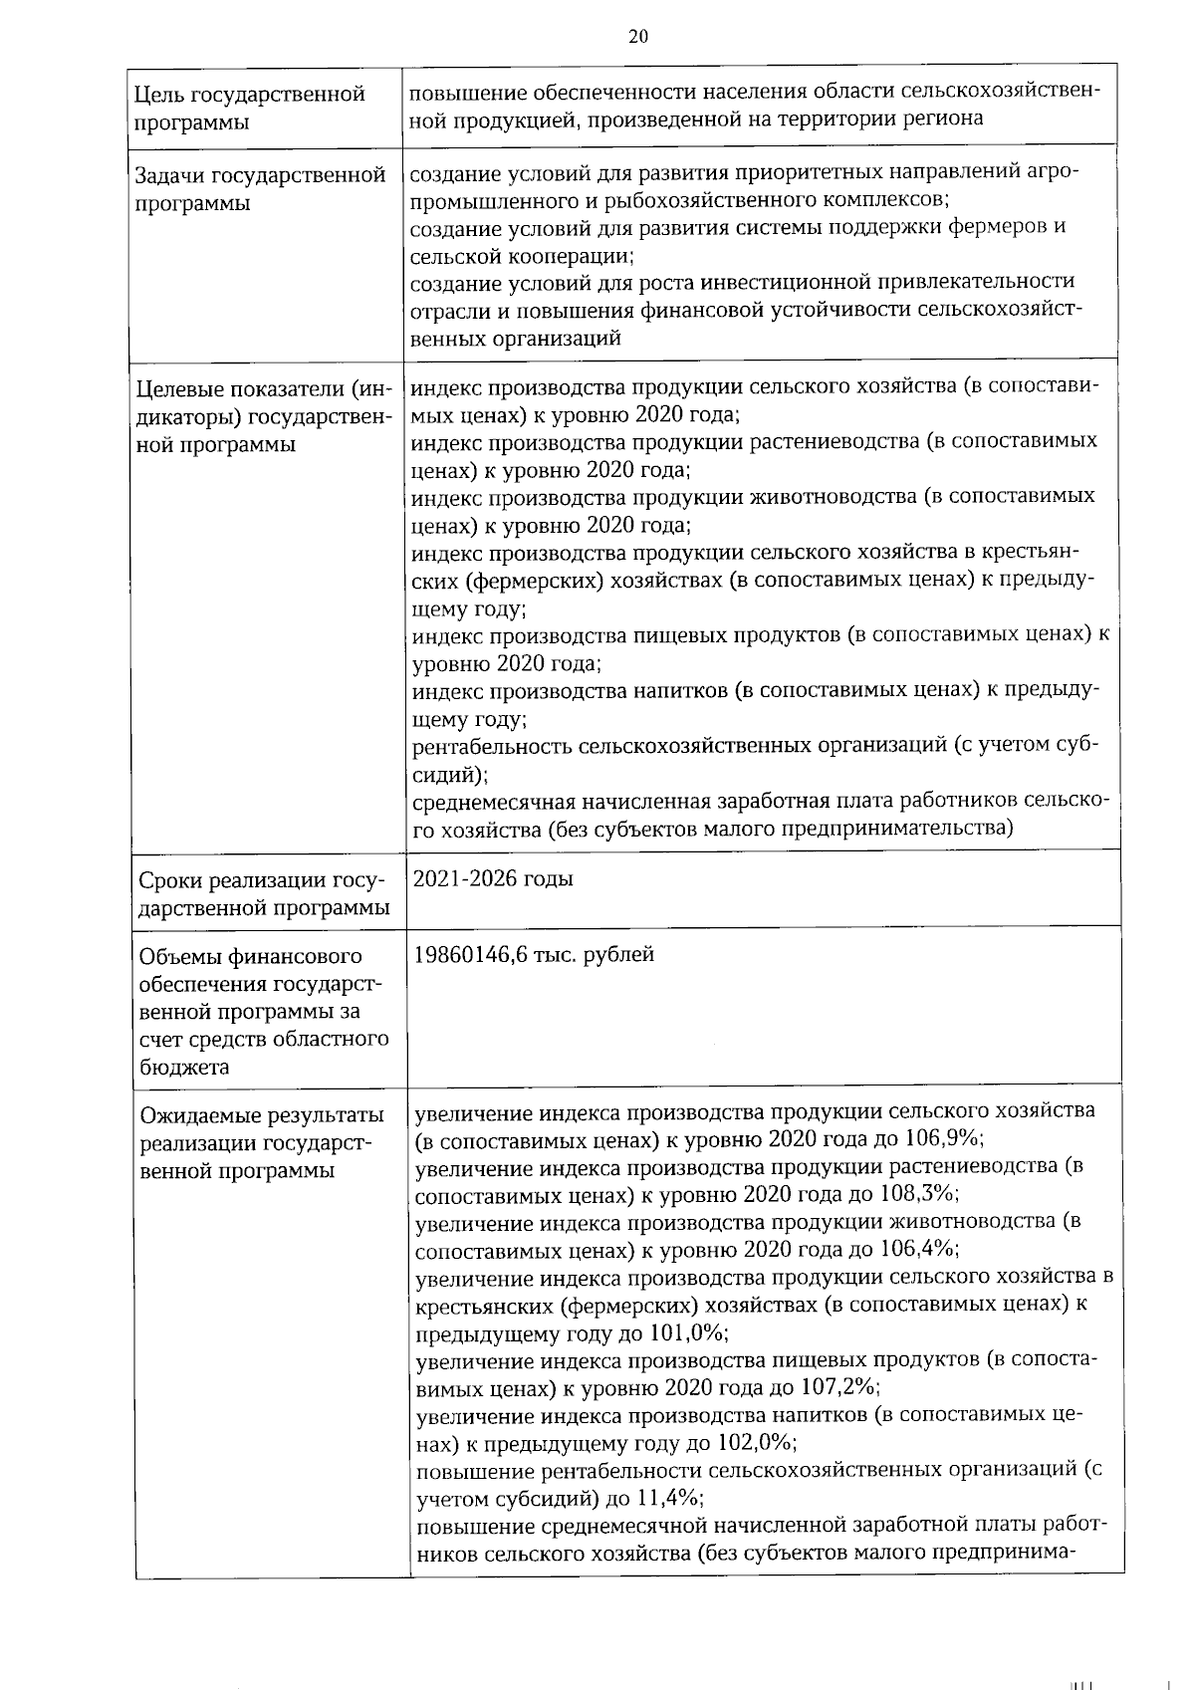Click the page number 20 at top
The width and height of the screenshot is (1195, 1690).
point(638,37)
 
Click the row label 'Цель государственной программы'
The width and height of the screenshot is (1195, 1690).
point(250,109)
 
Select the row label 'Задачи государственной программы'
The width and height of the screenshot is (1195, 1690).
point(260,189)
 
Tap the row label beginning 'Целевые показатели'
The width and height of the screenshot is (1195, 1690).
point(265,416)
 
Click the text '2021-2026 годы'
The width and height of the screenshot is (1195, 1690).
point(493,879)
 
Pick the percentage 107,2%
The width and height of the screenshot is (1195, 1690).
point(839,1387)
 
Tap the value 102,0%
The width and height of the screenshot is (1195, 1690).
point(756,1443)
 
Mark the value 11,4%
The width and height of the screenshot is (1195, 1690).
point(671,1498)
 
